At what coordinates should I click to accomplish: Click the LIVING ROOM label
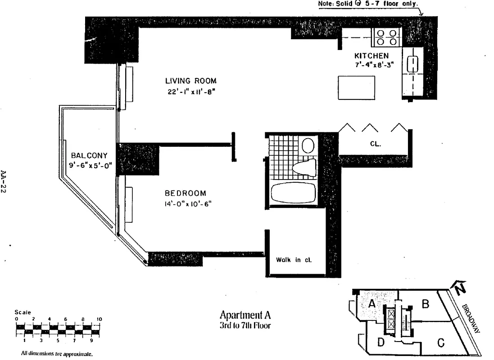[x=190, y=81]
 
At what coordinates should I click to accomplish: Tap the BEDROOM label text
[x=185, y=193]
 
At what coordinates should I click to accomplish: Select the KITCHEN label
[x=372, y=56]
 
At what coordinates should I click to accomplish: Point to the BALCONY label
[x=89, y=156]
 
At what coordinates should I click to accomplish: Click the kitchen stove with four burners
[x=386, y=37]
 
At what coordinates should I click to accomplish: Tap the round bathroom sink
[x=308, y=145]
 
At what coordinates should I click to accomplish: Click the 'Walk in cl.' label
[x=294, y=260]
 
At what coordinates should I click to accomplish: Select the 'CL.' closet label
[x=375, y=144]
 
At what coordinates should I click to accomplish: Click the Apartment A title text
[x=245, y=315]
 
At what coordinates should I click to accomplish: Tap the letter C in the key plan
[x=441, y=343]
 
